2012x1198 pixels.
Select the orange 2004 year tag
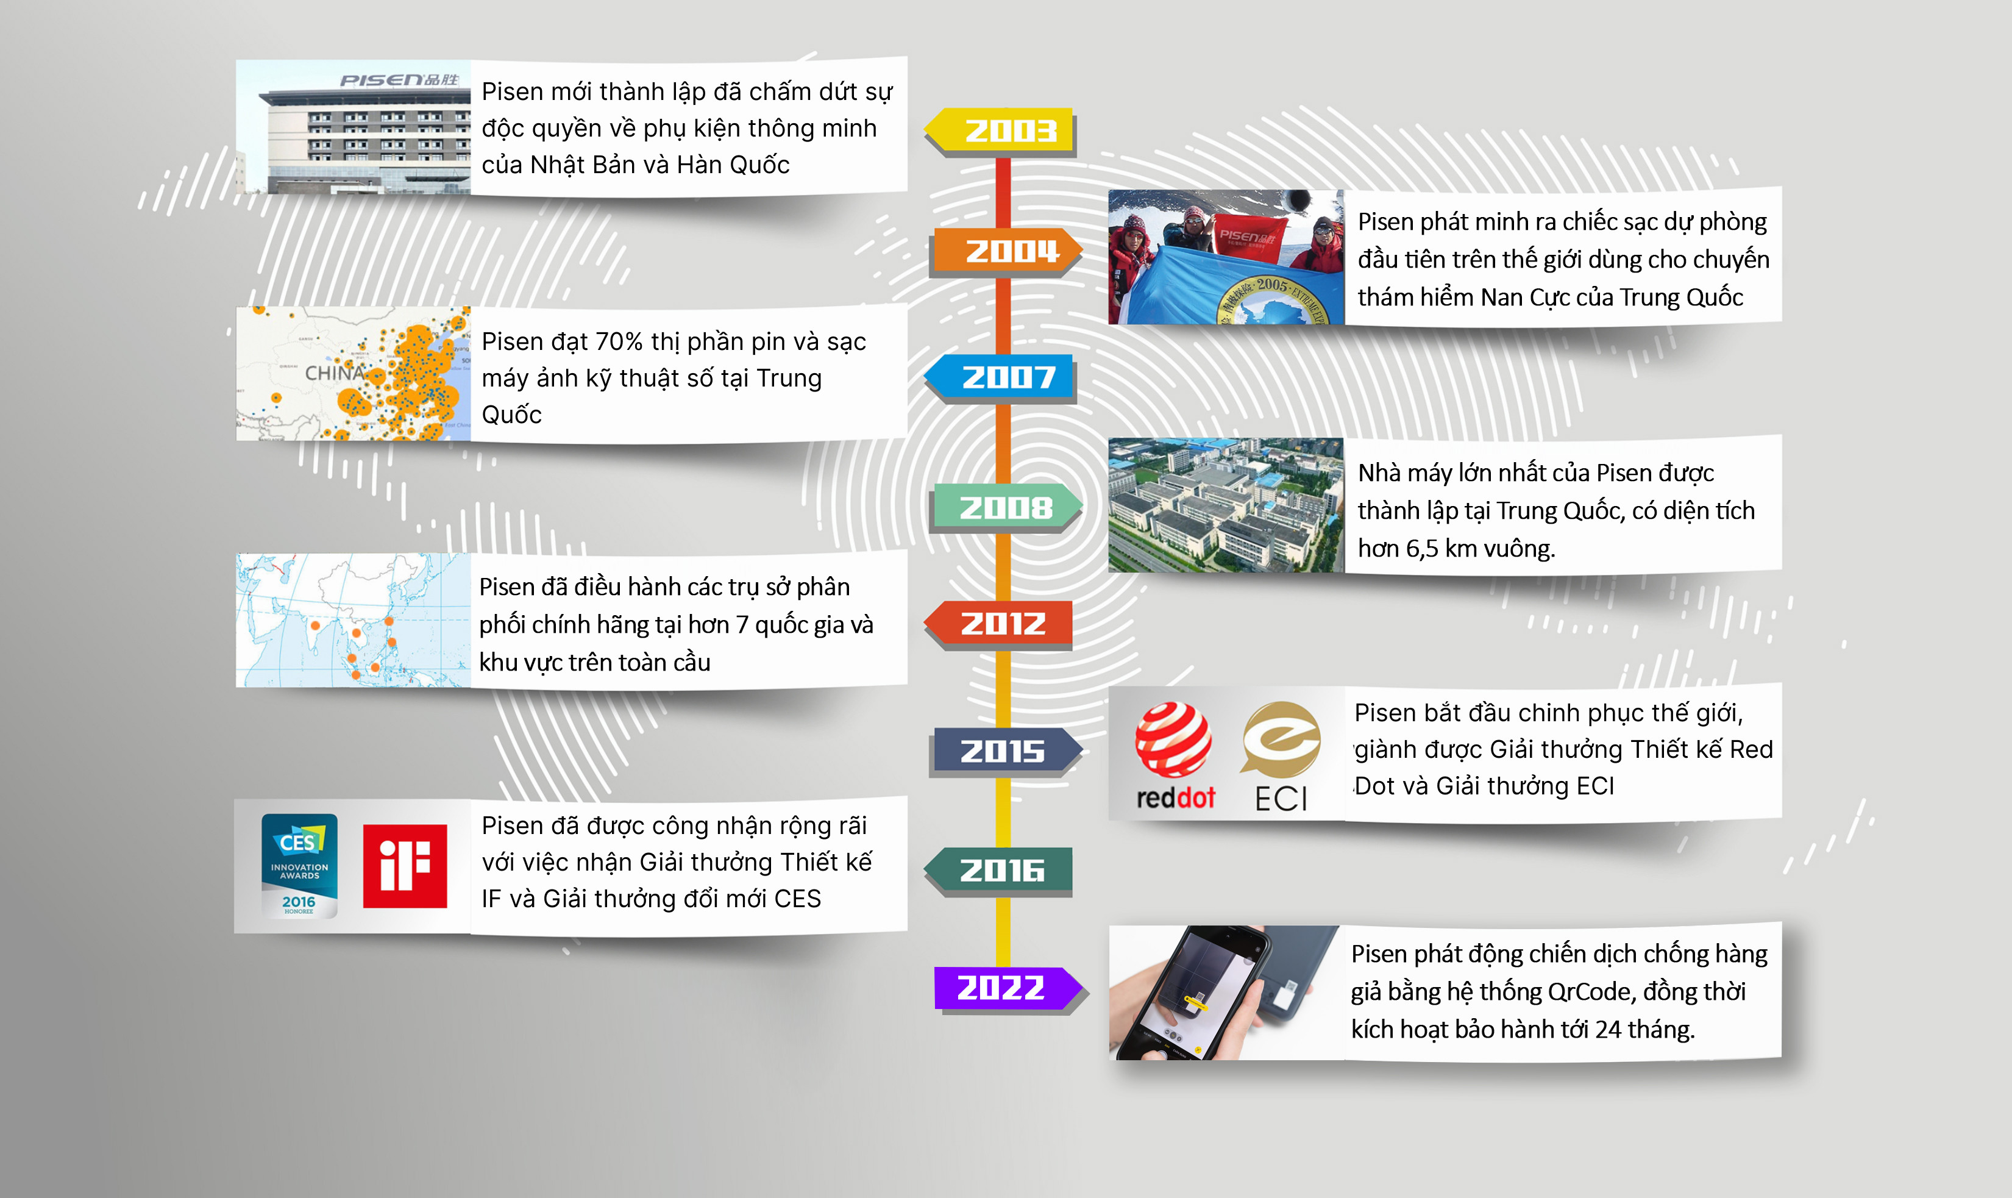pyautogui.click(x=1007, y=251)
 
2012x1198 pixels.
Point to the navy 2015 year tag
pyautogui.click(x=1007, y=751)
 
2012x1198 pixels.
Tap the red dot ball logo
pyautogui.click(x=1173, y=740)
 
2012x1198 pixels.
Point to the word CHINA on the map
pyautogui.click(x=334, y=373)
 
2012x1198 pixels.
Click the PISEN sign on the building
pyautogui.click(x=399, y=80)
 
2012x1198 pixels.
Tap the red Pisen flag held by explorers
pyautogui.click(x=1248, y=239)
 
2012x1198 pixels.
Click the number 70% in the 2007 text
pyautogui.click(x=622, y=341)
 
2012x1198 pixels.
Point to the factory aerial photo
pyautogui.click(x=1226, y=505)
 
